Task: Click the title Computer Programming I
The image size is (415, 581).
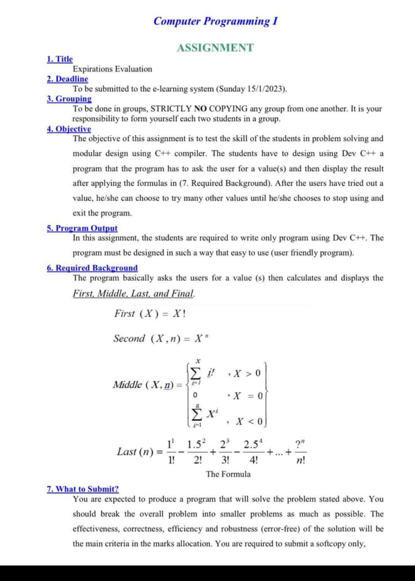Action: tap(214, 21)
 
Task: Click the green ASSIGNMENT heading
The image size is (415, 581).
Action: tap(215, 48)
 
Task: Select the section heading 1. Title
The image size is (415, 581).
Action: tap(59, 59)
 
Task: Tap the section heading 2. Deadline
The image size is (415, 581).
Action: tap(68, 79)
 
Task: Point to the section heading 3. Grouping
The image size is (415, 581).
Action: tap(69, 99)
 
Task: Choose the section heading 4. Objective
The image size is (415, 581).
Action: tap(69, 129)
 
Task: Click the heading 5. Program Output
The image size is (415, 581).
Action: tap(82, 228)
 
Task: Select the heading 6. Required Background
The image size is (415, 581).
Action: tap(92, 268)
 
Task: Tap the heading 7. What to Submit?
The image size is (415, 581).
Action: tap(83, 489)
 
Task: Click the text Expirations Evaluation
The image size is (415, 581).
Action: tap(112, 69)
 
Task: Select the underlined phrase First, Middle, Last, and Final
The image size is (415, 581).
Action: tap(134, 293)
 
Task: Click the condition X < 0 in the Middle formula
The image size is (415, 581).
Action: tap(250, 422)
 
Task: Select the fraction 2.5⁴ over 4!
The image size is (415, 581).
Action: tap(253, 451)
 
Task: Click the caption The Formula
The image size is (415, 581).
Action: tap(228, 474)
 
